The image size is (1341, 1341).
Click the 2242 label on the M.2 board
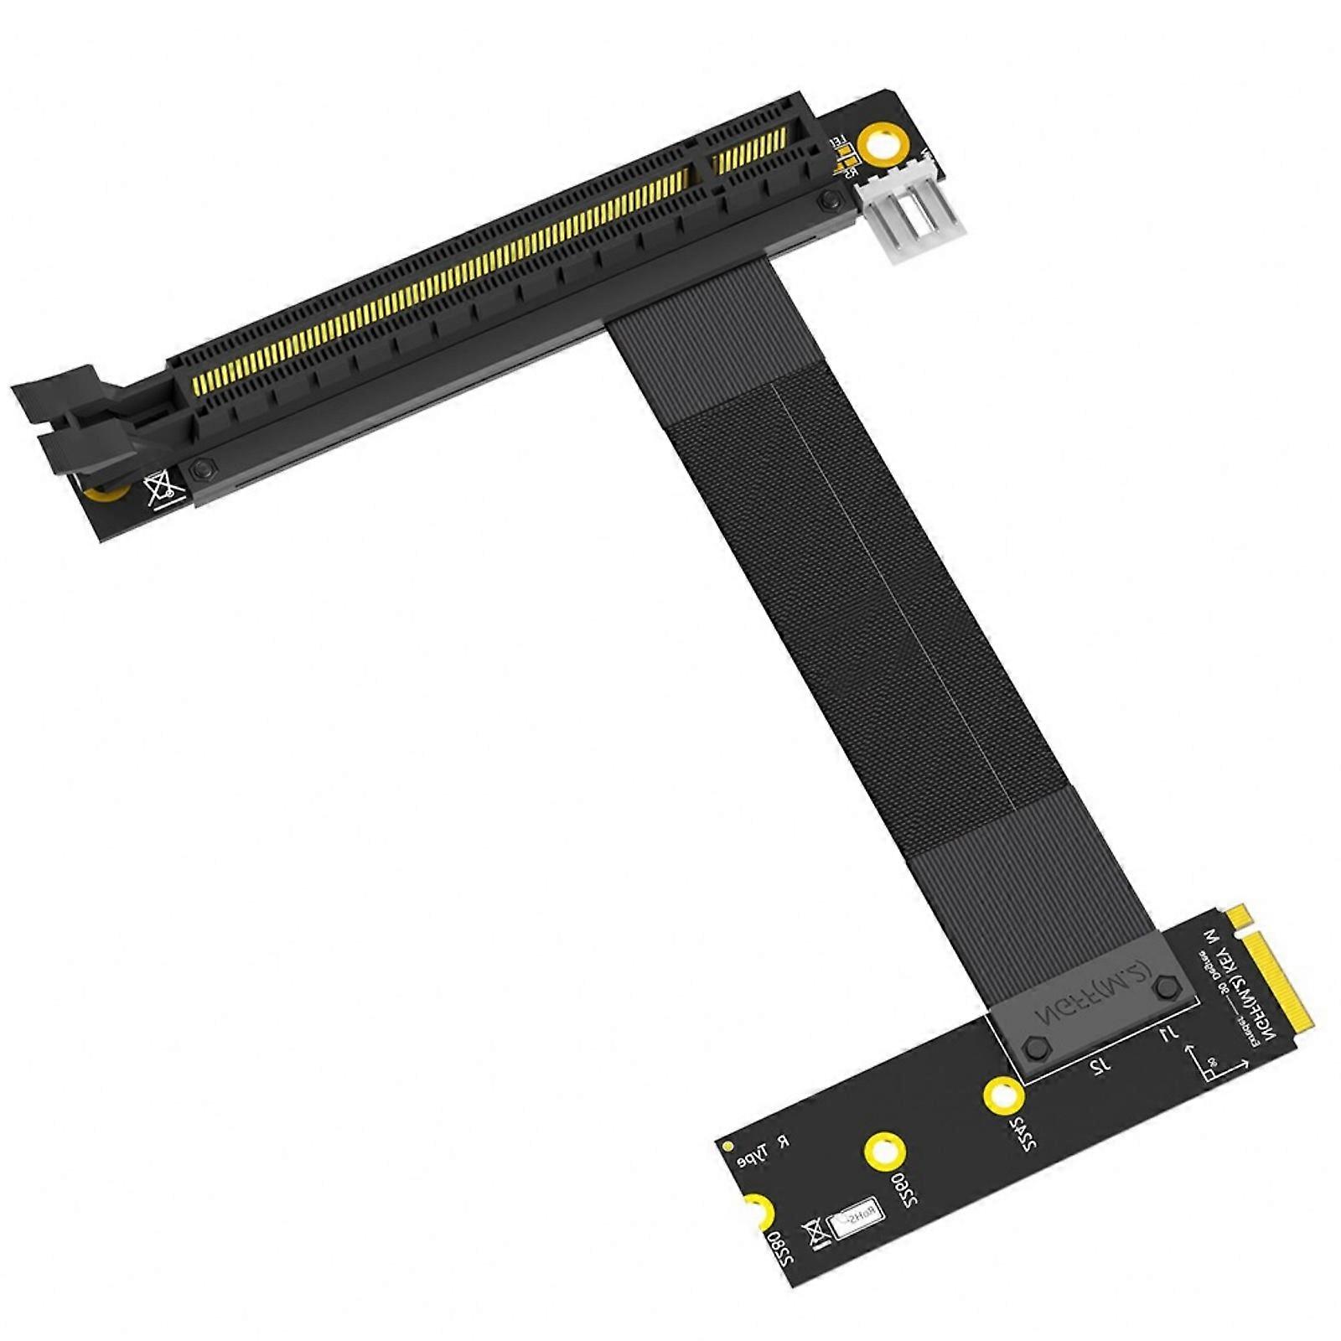pos(1024,1131)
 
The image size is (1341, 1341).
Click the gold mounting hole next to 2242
pos(1002,1095)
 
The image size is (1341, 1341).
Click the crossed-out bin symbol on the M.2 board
pos(813,1235)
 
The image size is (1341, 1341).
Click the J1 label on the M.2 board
pos(1168,1036)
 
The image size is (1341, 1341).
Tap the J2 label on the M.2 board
pos(1100,1065)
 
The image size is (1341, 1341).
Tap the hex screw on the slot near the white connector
pos(831,199)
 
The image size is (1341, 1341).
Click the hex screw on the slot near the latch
pos(201,469)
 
